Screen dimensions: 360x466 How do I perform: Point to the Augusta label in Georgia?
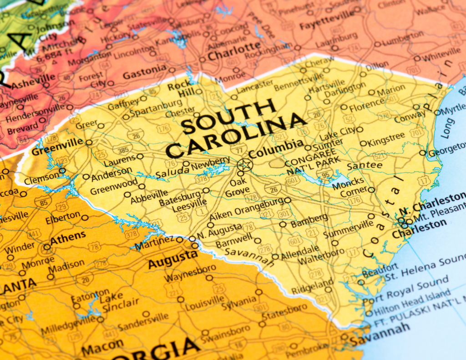click(172, 259)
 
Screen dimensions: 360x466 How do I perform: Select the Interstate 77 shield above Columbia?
click(238, 149)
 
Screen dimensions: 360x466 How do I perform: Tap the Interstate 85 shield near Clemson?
click(43, 202)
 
